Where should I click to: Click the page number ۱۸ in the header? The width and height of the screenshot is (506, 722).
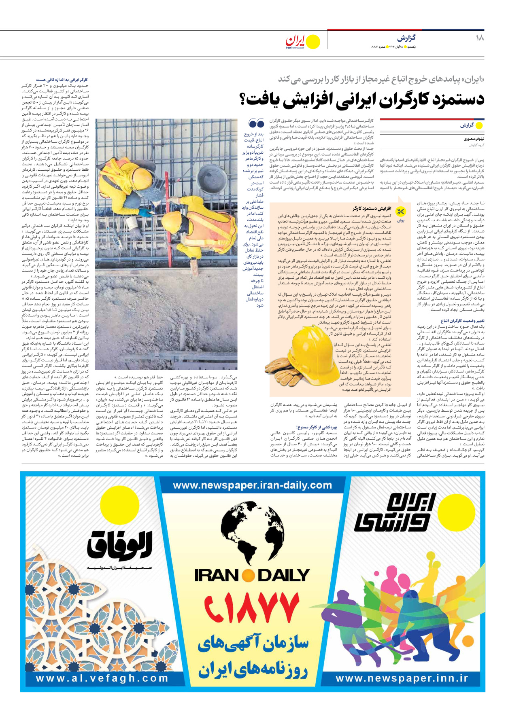480,38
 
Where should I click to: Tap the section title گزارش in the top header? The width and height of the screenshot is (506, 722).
406,38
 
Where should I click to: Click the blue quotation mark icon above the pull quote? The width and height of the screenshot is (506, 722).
256,123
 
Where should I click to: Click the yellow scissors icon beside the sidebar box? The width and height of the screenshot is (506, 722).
400,212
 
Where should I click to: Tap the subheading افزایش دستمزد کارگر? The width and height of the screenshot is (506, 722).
372,209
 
